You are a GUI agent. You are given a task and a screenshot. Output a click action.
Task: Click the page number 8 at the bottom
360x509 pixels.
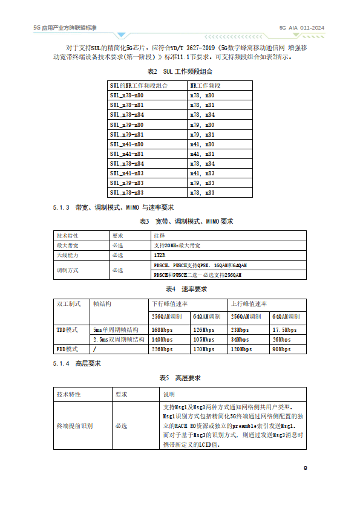point(306,467)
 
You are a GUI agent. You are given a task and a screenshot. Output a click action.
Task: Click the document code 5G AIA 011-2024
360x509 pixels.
point(301,28)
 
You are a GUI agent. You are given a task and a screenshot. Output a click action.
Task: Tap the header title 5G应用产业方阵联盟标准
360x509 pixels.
point(65,28)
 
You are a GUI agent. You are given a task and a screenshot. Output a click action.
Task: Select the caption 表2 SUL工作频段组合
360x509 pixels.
point(180,71)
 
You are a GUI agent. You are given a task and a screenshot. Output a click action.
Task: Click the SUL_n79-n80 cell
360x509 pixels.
point(126,125)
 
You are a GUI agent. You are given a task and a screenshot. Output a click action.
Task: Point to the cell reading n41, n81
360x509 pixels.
point(202,154)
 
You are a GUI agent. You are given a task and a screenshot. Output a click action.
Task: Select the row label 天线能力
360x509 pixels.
point(67,256)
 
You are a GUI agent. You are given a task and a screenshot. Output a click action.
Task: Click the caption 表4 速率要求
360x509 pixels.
point(180,289)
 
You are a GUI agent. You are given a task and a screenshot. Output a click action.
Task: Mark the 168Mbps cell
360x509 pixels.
point(162,329)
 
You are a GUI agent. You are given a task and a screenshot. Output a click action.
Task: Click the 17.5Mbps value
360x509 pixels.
point(284,329)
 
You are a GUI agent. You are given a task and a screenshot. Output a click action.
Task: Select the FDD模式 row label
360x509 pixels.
point(68,349)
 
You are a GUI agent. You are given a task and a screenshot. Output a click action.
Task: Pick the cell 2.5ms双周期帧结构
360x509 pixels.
point(116,340)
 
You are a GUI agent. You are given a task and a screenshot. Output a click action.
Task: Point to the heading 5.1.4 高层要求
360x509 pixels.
point(76,363)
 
